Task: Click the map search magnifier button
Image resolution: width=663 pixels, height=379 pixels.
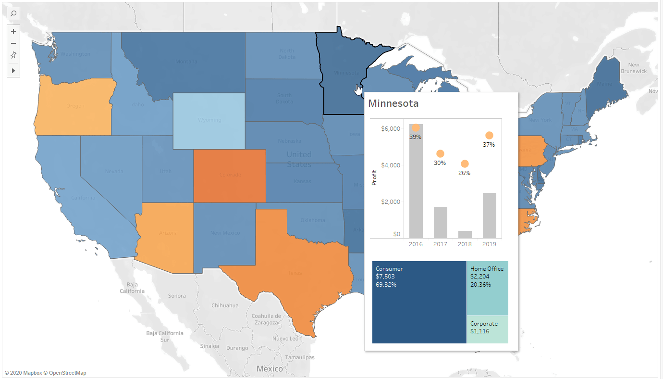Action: [13, 13]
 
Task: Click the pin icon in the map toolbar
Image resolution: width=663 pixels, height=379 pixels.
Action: [13, 55]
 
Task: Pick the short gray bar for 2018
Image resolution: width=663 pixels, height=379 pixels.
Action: [465, 234]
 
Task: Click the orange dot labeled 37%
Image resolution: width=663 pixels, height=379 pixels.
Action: [489, 136]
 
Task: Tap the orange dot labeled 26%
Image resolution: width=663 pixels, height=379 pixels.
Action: [465, 164]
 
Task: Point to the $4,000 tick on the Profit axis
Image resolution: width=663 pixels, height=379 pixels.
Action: [390, 165]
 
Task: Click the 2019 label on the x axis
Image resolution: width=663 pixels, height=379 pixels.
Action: [489, 244]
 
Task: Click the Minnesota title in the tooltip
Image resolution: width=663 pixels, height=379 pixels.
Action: [393, 104]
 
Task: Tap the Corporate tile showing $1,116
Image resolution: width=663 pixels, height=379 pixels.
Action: [488, 329]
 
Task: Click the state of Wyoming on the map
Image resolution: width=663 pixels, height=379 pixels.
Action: [209, 120]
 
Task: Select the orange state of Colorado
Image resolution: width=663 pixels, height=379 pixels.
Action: [230, 176]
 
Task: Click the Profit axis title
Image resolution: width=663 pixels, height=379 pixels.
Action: [374, 178]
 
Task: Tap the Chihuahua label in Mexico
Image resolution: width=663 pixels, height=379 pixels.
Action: [225, 305]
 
